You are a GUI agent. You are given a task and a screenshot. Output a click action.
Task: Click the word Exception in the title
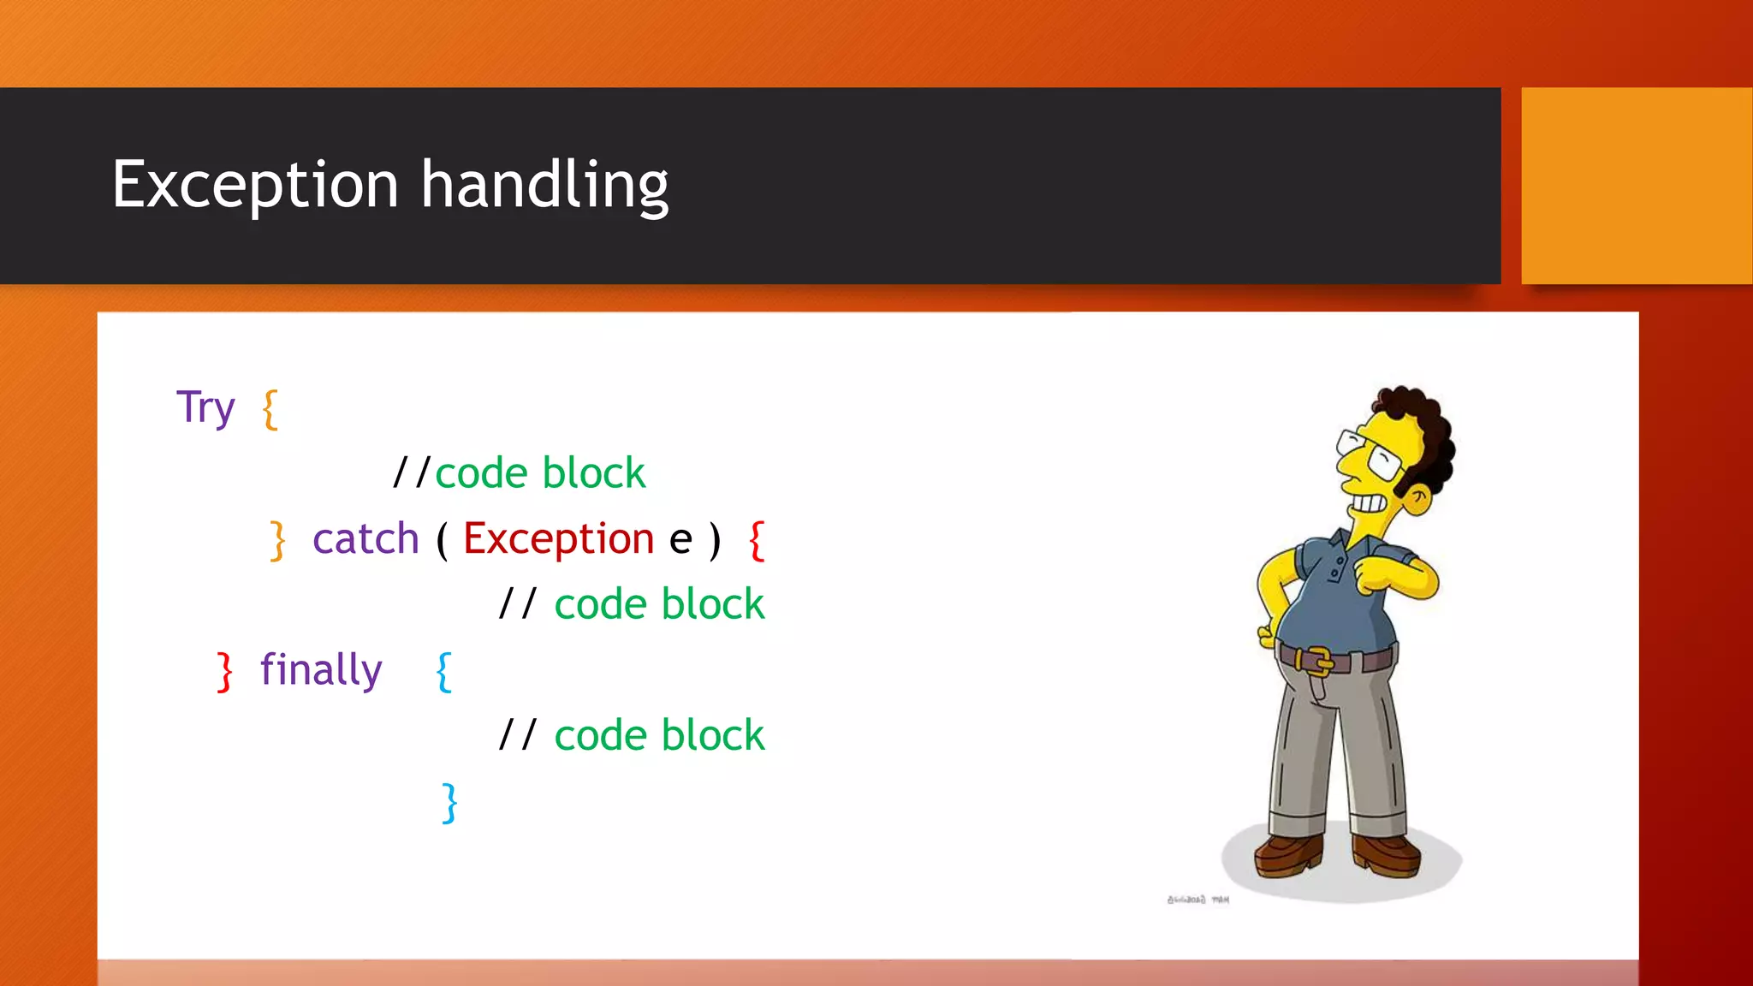point(255,185)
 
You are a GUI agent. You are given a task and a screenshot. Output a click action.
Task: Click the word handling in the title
point(544,185)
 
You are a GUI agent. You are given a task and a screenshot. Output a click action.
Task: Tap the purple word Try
point(205,408)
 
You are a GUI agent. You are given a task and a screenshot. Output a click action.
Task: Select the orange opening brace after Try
point(270,409)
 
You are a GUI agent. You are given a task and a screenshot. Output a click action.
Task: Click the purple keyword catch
point(365,539)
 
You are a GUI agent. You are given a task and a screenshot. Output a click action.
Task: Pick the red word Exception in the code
point(558,539)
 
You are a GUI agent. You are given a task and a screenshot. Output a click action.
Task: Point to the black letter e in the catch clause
point(680,541)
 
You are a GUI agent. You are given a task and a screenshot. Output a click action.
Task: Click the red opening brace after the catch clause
point(757,541)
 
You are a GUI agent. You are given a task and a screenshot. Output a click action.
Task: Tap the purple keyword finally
point(321,670)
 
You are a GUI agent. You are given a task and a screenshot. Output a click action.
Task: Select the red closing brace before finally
point(224,671)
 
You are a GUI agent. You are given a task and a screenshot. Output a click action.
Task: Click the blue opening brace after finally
point(443,672)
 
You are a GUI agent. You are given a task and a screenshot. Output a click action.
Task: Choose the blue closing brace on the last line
point(449,803)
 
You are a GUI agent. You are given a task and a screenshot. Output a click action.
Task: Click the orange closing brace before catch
point(277,541)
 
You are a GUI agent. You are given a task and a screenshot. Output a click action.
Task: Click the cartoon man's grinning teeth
point(1367,503)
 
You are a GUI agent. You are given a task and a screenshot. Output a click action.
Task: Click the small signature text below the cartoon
point(1197,900)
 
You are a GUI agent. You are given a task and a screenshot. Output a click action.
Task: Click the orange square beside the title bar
point(1637,186)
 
